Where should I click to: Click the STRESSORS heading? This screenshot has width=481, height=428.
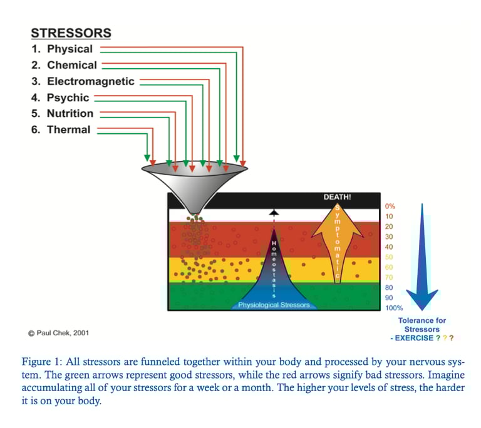click(x=71, y=33)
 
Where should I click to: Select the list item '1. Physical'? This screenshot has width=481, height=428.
click(x=62, y=49)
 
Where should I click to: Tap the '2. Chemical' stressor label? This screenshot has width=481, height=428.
click(x=64, y=65)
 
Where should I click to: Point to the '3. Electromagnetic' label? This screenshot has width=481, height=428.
click(x=83, y=81)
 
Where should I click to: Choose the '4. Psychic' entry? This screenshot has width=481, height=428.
click(x=60, y=98)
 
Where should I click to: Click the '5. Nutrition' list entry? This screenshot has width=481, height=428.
click(x=62, y=113)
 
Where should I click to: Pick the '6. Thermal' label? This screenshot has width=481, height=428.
click(x=61, y=130)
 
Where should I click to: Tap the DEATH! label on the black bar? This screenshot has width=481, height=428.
click(x=337, y=197)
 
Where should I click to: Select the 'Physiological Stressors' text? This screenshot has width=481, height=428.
click(x=274, y=305)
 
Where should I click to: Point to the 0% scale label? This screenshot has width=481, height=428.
click(x=390, y=206)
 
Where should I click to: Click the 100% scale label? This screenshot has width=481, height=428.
click(x=394, y=308)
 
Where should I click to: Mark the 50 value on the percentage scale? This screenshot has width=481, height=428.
click(x=389, y=257)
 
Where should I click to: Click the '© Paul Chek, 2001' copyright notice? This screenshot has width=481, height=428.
click(x=58, y=333)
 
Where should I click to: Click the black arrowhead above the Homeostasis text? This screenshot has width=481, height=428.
click(x=273, y=213)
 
